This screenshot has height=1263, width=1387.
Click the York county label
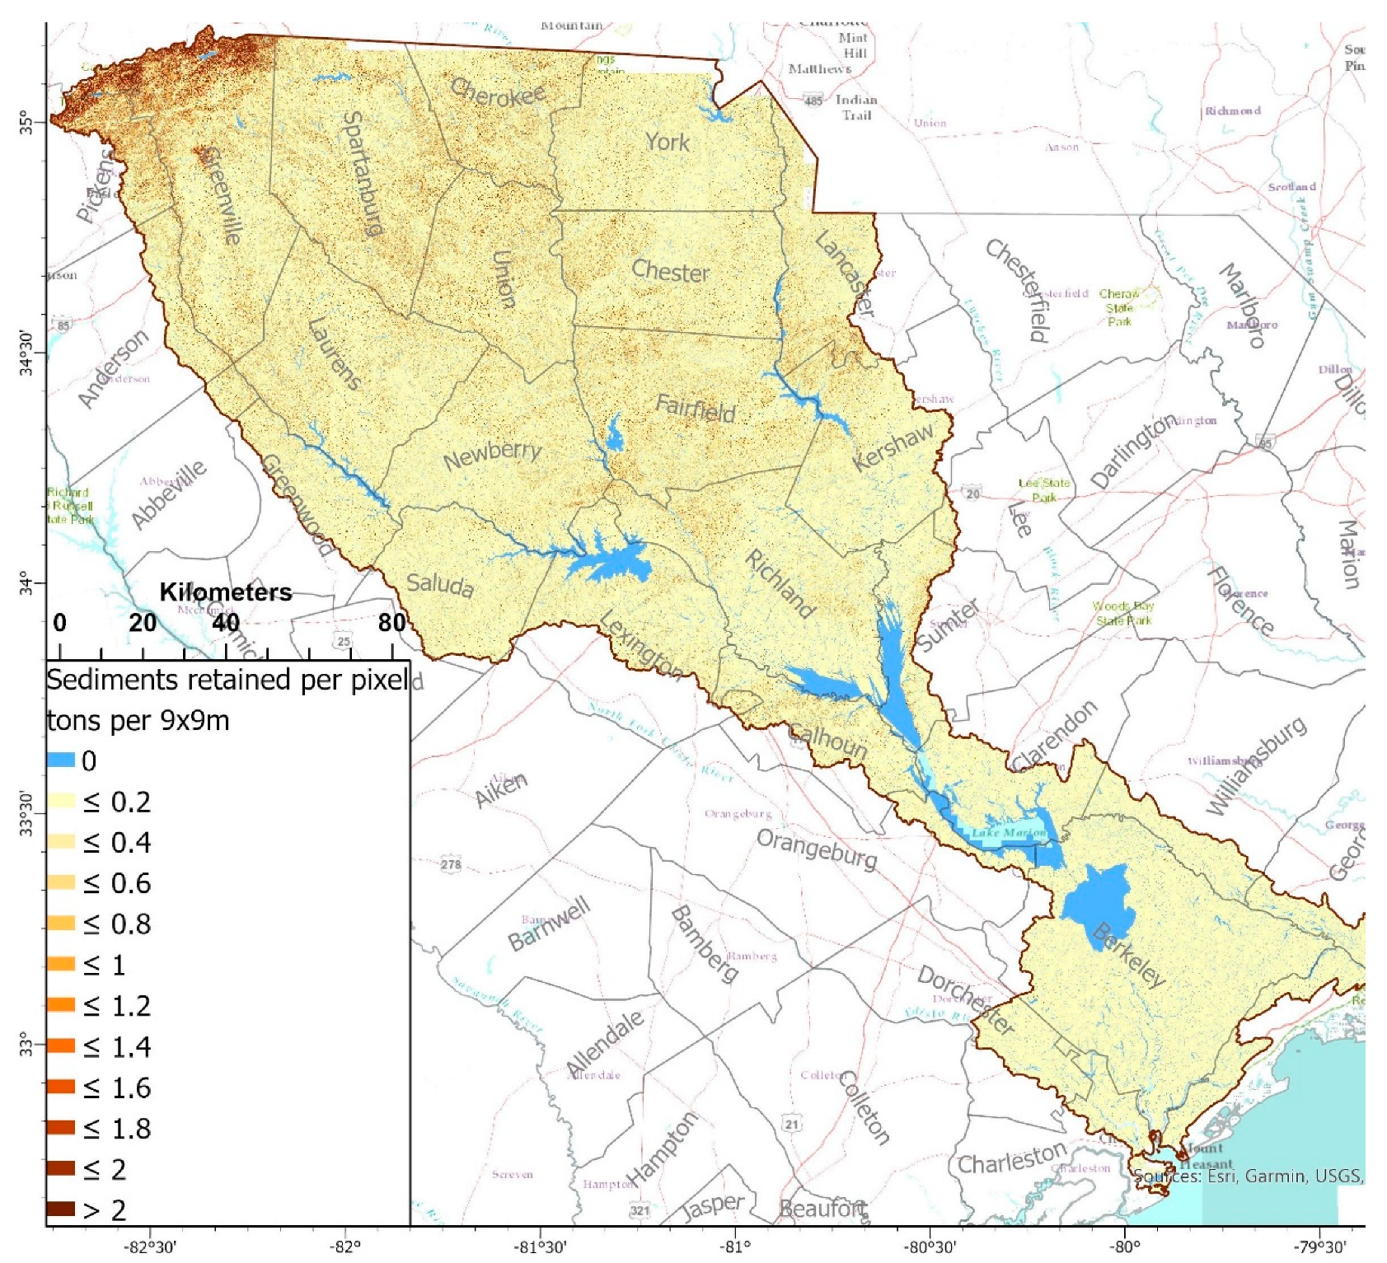[x=667, y=143]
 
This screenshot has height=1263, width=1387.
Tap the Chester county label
[x=670, y=271]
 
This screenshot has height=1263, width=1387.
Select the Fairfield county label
[x=695, y=408]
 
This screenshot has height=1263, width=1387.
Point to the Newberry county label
[x=492, y=455]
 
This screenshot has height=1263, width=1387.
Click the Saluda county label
[x=440, y=584]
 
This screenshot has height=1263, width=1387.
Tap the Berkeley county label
[x=1129, y=956]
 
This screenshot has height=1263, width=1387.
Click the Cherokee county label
[x=498, y=94]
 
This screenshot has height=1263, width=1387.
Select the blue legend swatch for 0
[x=61, y=760]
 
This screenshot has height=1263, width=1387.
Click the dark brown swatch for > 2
[x=61, y=1209]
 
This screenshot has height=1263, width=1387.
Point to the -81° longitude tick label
[x=734, y=1247]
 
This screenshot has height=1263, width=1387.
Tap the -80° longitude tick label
[x=1124, y=1247]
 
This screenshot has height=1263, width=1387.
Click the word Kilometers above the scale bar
[x=225, y=592]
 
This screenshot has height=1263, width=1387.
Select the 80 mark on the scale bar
[x=391, y=623]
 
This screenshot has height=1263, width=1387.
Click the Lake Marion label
[x=1008, y=833]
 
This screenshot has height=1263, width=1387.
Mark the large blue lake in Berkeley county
[x=1098, y=906]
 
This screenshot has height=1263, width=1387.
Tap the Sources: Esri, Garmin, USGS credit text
[x=1248, y=1176]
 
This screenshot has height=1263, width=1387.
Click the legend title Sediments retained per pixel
[x=227, y=681]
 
